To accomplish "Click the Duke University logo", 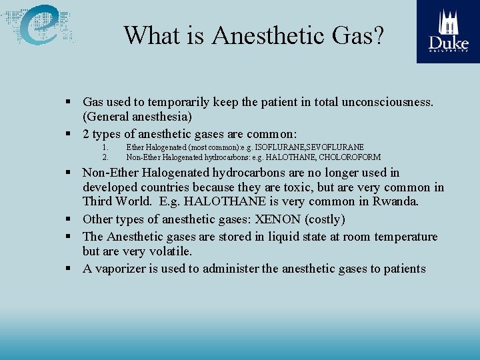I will coord(448,31).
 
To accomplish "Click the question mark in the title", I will coord(377,35).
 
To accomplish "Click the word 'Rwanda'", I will coord(393,201).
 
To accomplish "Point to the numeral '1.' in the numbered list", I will coord(105,147).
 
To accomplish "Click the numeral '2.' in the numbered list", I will coord(105,157).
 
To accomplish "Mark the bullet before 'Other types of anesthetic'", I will coord(69,219).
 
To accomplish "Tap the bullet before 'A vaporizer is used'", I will coord(69,269).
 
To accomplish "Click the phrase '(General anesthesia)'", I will coord(137,117).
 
